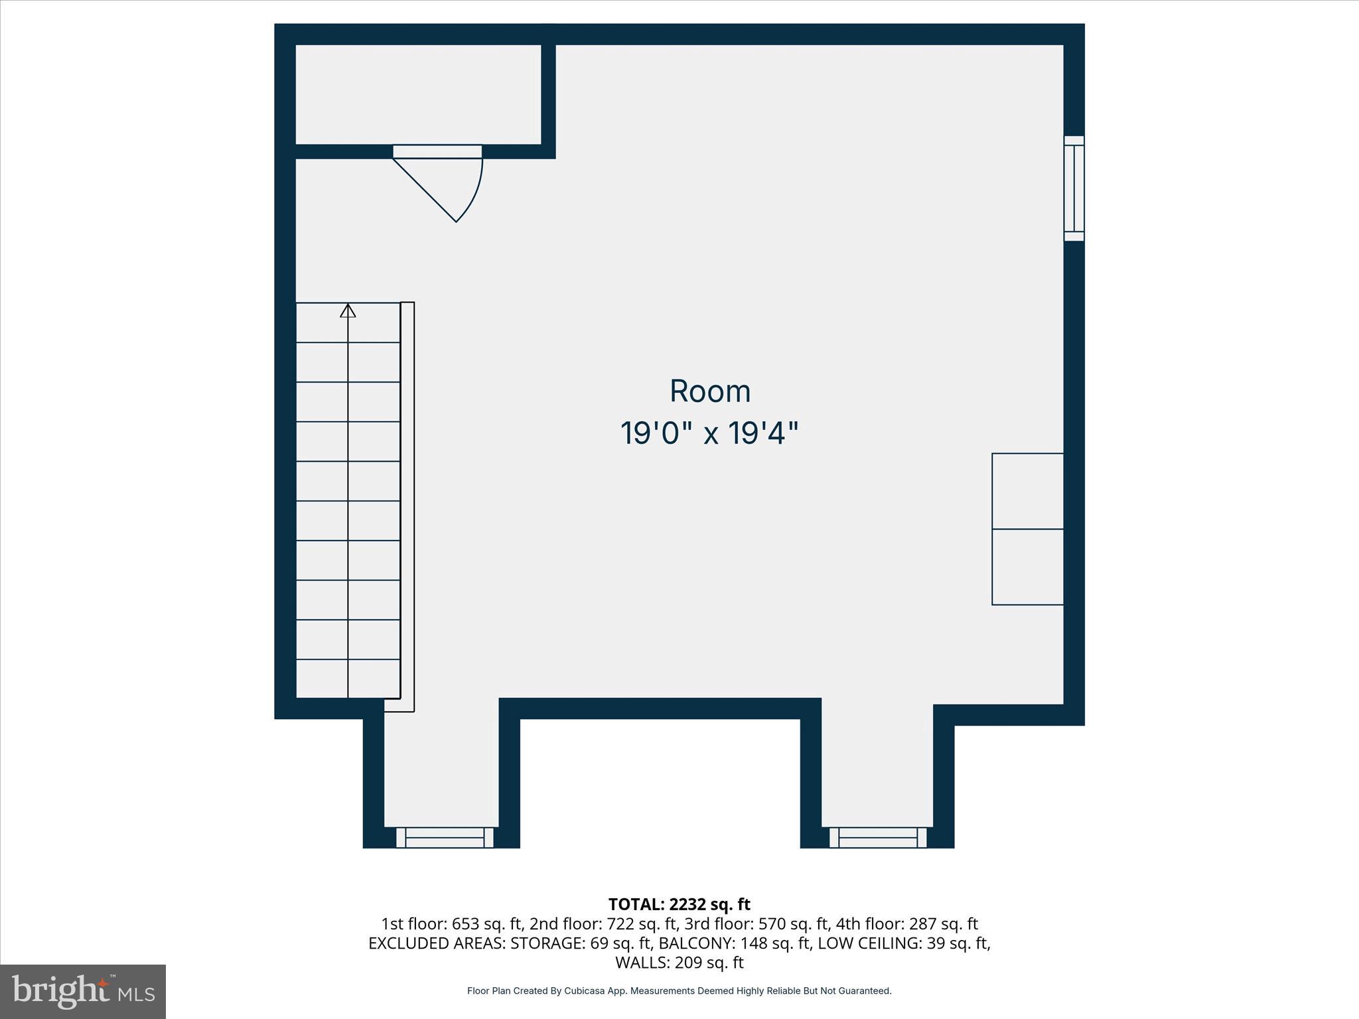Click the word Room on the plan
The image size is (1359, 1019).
710,391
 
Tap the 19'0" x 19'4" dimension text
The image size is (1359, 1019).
709,434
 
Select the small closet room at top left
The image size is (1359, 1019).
418,94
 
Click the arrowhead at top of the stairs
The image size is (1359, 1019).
348,310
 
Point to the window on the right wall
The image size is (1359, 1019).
1074,188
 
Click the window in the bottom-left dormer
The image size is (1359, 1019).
445,837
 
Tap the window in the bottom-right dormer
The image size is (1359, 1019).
877,837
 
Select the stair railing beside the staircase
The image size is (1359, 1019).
407,504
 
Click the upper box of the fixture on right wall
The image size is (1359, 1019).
1027,491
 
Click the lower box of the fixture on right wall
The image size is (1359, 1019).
1027,567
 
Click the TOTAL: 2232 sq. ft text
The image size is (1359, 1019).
679,904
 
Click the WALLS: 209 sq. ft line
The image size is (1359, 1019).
679,962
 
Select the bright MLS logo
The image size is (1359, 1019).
83,991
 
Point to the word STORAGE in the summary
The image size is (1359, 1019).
547,943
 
